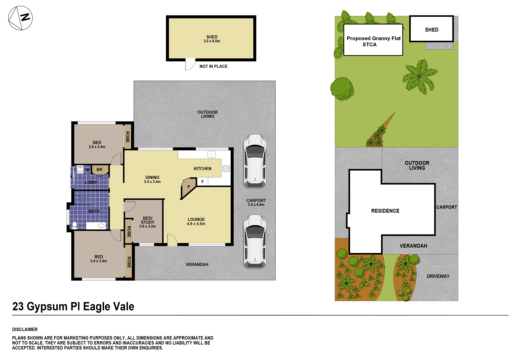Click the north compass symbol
tap(20, 18)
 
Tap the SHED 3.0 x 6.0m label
tap(212, 39)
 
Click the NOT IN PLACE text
tap(213, 66)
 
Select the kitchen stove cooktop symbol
tap(226, 169)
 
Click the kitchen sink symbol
tap(211, 154)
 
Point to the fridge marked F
tap(202, 182)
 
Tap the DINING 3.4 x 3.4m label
tap(152, 179)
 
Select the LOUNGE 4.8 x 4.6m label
tap(196, 222)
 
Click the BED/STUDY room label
tap(147, 222)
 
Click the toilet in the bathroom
tap(75, 225)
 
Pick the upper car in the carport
tap(255, 161)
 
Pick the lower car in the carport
tap(255, 241)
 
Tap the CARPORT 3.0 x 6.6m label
tap(256, 202)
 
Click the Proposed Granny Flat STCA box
tap(373, 40)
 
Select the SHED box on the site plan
tap(431, 29)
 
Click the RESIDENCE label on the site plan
tap(385, 211)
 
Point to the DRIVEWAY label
tap(438, 276)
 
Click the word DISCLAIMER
tap(25, 329)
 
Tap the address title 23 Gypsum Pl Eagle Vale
tap(73, 306)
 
